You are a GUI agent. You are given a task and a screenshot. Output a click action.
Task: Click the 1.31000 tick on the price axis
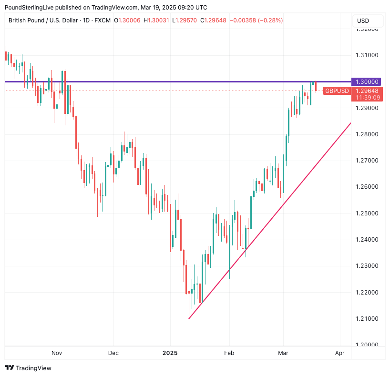(367, 55)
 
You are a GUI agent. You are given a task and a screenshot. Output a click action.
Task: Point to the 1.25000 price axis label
(367, 213)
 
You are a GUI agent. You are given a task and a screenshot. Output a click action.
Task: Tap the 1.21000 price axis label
(367, 318)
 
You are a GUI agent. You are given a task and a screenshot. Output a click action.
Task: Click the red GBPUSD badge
(337, 91)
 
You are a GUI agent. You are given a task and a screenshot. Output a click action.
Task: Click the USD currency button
(363, 21)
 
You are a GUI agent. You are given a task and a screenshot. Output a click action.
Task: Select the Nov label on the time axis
(57, 353)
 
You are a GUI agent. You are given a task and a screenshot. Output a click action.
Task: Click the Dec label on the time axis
(113, 353)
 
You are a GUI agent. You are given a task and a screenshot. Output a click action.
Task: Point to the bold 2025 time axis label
(170, 353)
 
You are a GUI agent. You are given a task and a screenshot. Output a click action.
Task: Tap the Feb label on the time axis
(229, 353)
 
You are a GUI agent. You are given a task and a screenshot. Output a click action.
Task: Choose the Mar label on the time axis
(283, 353)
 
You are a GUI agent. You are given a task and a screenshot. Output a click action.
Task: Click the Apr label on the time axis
(339, 353)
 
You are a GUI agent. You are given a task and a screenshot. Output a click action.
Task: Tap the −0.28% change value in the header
(271, 20)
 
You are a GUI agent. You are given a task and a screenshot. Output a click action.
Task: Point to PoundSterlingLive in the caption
(28, 7)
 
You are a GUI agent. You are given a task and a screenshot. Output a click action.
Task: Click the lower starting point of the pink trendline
(189, 319)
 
